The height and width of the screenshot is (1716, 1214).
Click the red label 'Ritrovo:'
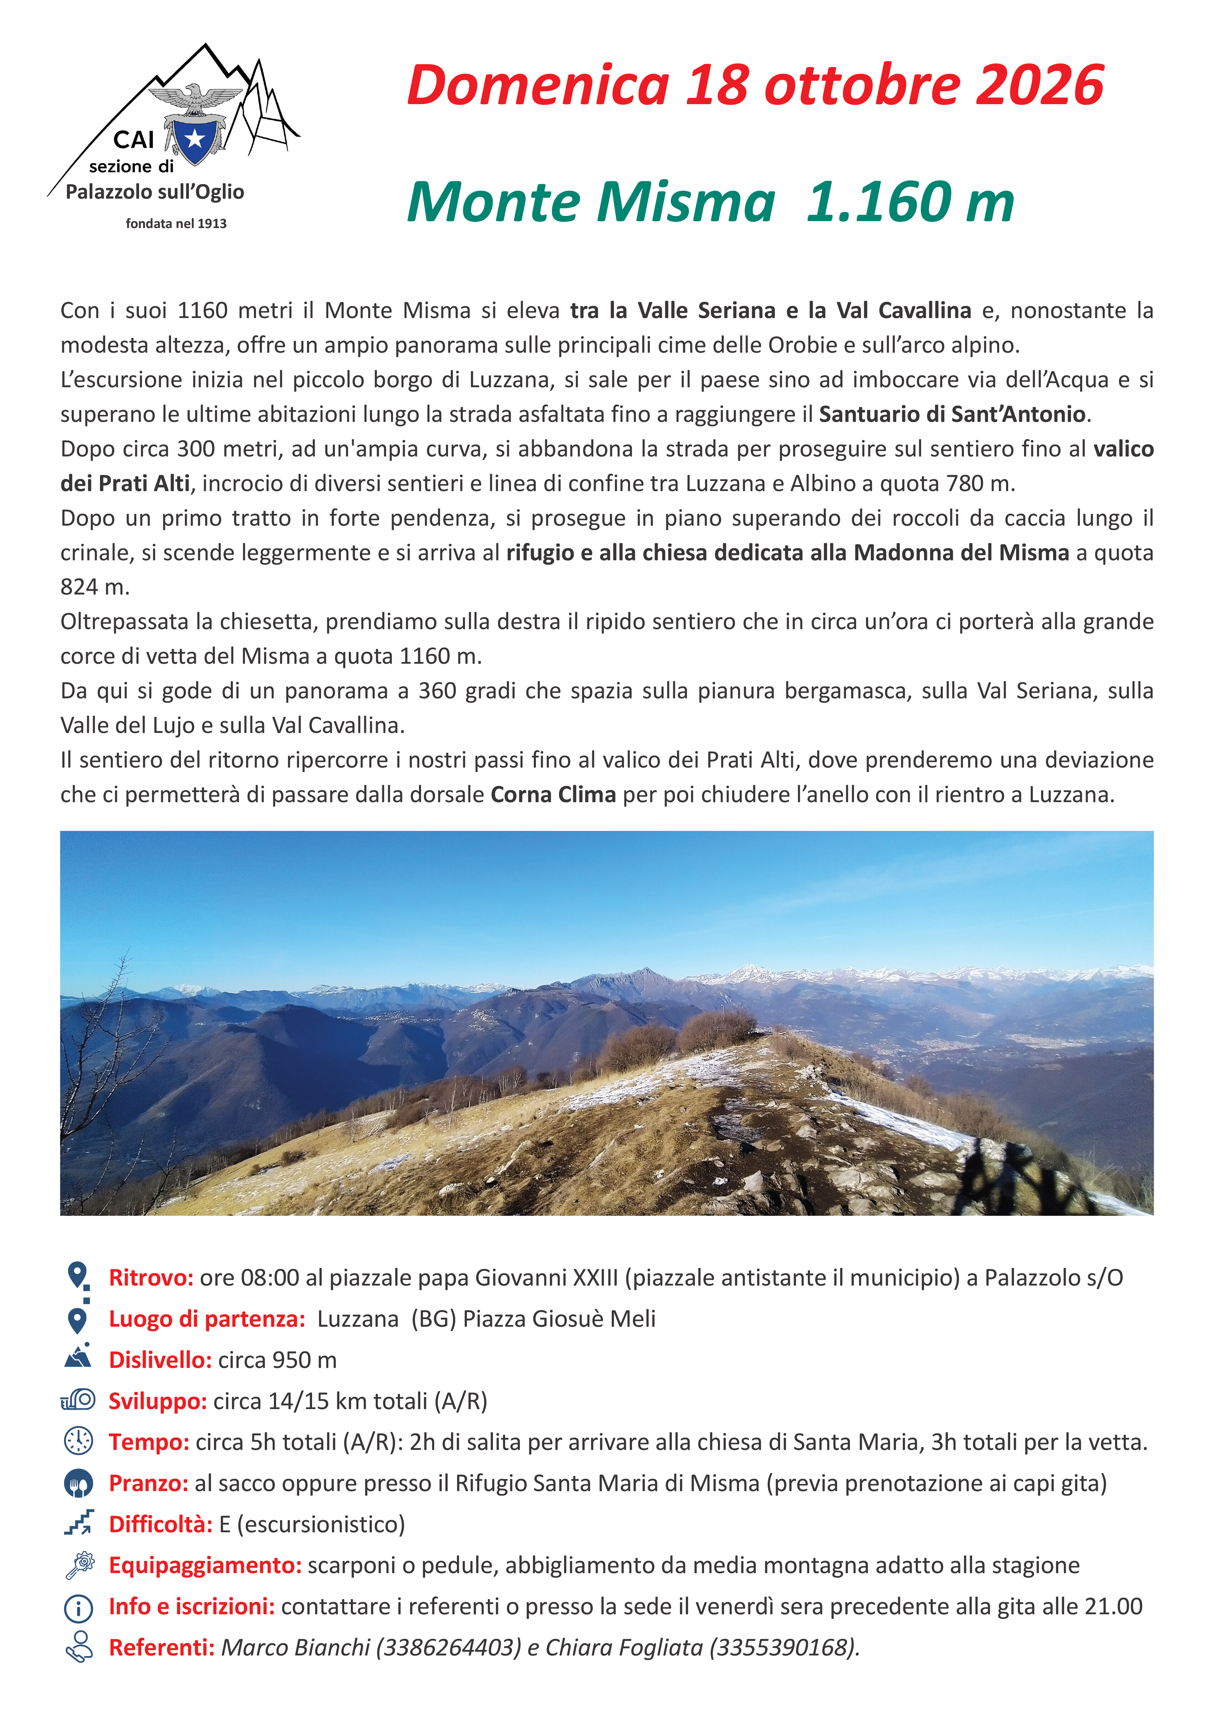[x=151, y=1278]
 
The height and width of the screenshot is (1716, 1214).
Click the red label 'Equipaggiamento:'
[x=205, y=1565]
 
